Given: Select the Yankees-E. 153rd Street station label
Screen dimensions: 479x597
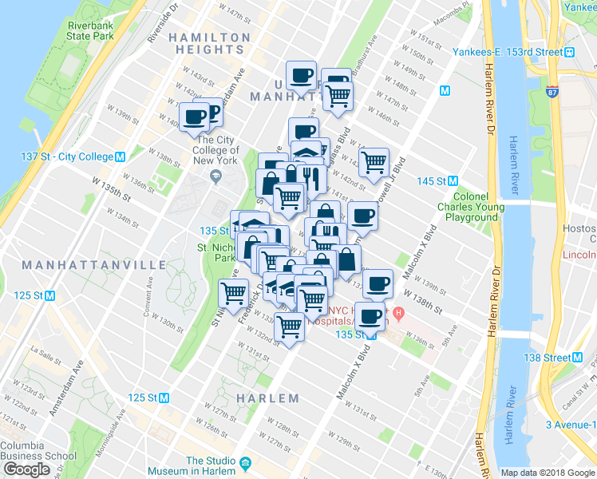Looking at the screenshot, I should [x=520, y=52].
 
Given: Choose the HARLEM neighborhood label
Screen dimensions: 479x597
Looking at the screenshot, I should [x=268, y=398].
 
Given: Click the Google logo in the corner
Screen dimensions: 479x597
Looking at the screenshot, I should [x=26, y=469].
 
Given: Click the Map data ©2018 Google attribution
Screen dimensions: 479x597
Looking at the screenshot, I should [x=548, y=473].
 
